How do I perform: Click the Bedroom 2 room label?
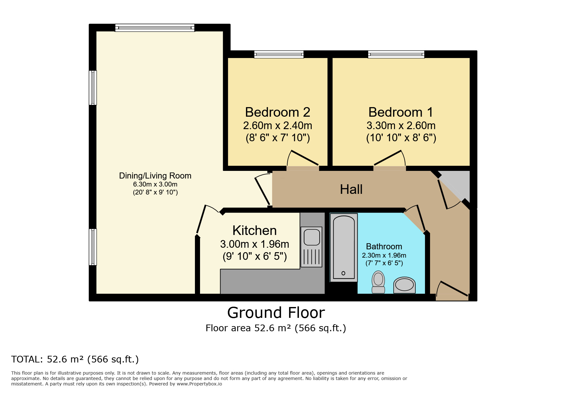point(278,112)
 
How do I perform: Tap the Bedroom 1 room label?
point(401,112)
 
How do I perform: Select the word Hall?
point(351,189)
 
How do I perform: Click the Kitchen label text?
point(255,230)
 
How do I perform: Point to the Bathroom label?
point(384,246)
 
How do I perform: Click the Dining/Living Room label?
point(155,176)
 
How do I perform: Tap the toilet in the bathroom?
point(378,282)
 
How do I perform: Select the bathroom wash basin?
point(405,285)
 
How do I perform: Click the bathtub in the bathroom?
point(344,247)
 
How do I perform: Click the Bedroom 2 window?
point(279,55)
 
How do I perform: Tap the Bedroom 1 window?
point(396,55)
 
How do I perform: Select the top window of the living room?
point(155,28)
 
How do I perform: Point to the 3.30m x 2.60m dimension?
point(401,126)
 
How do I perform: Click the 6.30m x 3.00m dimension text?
point(155,184)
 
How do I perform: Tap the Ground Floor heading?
point(276,313)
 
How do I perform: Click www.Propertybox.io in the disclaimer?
point(199,384)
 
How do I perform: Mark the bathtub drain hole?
point(343,273)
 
